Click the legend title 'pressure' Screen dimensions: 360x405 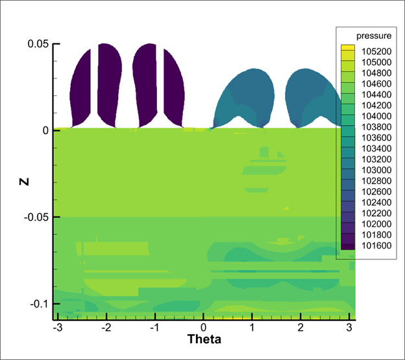(369, 36)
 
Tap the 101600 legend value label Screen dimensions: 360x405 (371, 245)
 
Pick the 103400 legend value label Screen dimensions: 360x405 (371, 149)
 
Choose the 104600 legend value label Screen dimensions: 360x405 (371, 84)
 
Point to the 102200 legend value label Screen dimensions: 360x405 (371, 213)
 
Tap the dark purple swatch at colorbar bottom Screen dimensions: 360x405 (348, 246)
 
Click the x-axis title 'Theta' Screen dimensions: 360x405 (204, 339)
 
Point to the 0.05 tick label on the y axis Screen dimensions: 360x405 (37, 44)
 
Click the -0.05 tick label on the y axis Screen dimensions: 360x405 (35, 217)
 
